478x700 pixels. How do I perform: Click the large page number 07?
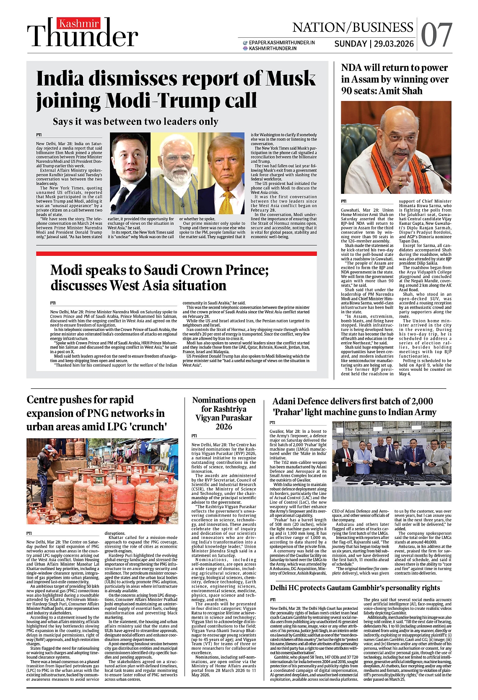click(x=436, y=35)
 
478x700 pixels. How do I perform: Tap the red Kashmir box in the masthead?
click(x=78, y=23)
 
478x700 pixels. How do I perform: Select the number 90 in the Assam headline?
click(x=348, y=91)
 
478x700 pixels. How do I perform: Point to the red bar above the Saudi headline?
click(x=176, y=254)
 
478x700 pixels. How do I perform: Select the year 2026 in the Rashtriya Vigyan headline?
click(x=223, y=427)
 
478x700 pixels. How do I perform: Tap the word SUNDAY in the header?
click(x=350, y=44)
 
